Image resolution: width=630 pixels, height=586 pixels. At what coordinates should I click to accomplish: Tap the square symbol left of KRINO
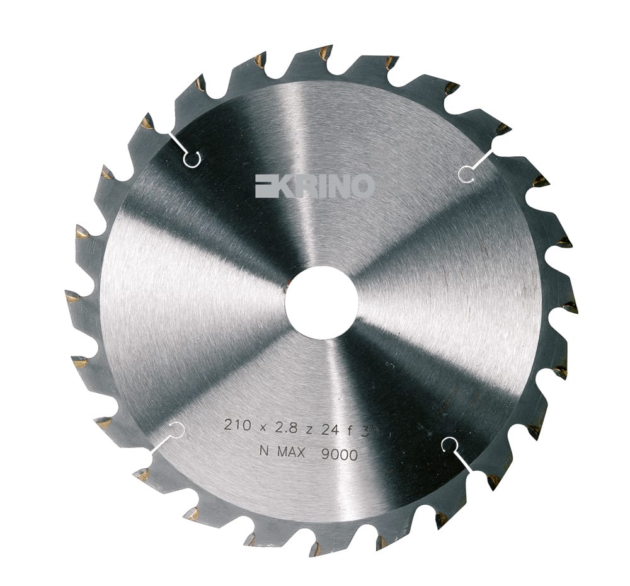265,186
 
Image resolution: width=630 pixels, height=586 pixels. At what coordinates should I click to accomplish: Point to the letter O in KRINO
362,186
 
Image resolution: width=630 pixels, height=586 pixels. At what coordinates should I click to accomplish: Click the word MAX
297,452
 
